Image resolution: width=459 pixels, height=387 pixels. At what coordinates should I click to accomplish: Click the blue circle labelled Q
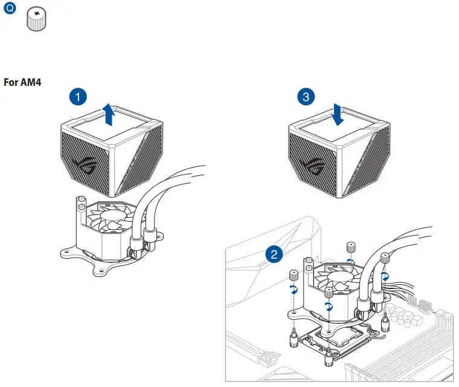click(9, 10)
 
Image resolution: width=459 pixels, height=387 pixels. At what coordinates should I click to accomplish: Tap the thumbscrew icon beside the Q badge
click(37, 21)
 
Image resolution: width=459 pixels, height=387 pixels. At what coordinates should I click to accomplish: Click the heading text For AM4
click(22, 82)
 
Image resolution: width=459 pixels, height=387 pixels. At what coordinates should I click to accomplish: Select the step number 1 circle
click(77, 96)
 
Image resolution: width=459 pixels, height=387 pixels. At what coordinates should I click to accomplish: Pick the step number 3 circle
click(307, 96)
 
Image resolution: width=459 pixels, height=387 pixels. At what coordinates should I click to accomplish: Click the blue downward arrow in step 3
click(338, 115)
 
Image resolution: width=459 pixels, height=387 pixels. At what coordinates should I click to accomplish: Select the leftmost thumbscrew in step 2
click(294, 276)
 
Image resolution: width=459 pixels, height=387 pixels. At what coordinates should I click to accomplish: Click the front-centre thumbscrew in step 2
click(329, 293)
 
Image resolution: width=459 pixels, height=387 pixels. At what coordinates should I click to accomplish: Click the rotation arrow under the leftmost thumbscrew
click(295, 290)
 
